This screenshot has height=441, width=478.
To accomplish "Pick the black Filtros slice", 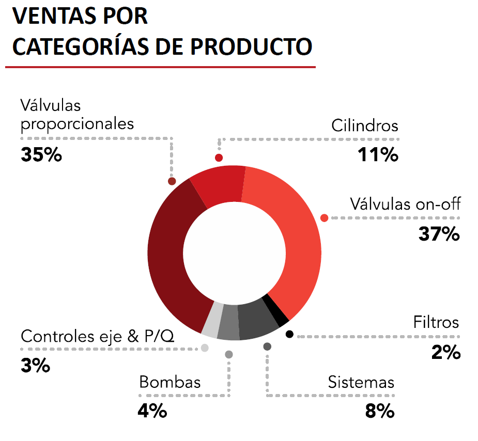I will pyautogui.click(x=275, y=310).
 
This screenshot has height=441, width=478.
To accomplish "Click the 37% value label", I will pyautogui.click(x=439, y=234).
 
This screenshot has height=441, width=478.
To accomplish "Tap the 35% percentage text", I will pyautogui.click(x=41, y=154).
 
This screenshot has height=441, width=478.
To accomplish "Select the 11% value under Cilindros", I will pyautogui.click(x=378, y=154).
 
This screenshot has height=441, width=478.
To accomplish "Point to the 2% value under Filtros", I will pyautogui.click(x=445, y=353).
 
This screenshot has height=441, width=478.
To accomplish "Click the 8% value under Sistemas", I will pyautogui.click(x=380, y=412).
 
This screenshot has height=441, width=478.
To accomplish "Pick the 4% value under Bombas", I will pyautogui.click(x=152, y=412).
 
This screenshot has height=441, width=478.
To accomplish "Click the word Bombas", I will pyautogui.click(x=170, y=383).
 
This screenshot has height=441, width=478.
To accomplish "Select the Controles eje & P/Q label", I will pyautogui.click(x=98, y=337).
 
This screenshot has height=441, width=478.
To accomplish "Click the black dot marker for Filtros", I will pyautogui.click(x=289, y=334).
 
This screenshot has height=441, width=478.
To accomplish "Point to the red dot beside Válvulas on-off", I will pyautogui.click(x=325, y=218).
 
